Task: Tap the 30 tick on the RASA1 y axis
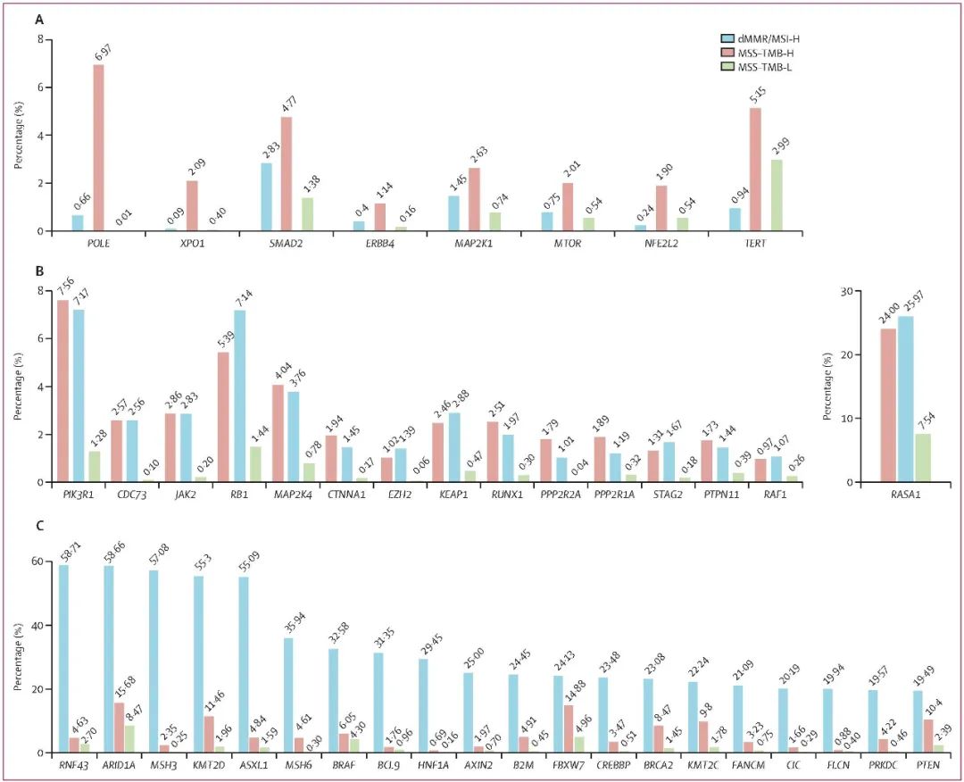click(x=847, y=290)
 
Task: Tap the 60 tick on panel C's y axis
click(x=41, y=562)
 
